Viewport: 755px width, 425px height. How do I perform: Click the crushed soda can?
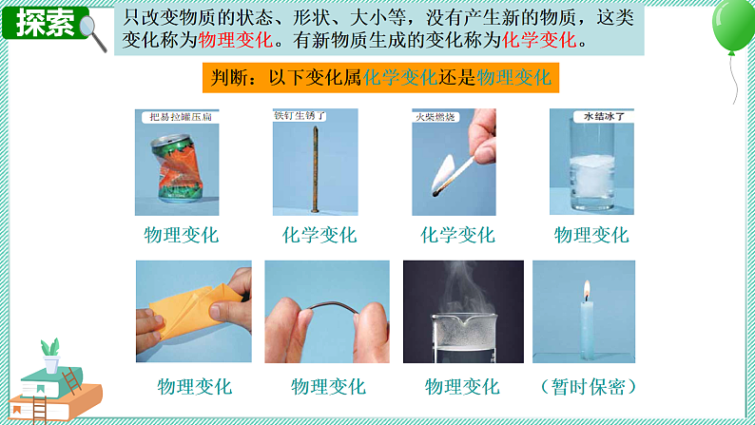click(177, 169)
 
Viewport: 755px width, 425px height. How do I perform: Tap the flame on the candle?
click(587, 288)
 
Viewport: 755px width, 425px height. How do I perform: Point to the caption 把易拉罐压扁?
click(176, 118)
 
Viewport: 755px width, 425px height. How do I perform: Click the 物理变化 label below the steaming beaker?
click(462, 387)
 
